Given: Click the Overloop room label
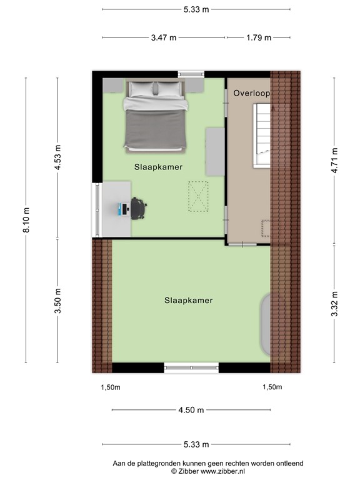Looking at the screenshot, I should tap(251, 93).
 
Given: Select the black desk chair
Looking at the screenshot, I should tap(138, 208).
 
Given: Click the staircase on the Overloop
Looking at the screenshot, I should tap(262, 135).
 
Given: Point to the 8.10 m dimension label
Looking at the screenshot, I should tap(27, 220).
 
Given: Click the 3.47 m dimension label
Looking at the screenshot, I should tap(164, 37).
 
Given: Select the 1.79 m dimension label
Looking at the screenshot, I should tap(258, 37).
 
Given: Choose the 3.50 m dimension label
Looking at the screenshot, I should tap(58, 300).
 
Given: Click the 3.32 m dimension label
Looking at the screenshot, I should tap(335, 304).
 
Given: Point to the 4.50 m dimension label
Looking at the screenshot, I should tap(191, 410).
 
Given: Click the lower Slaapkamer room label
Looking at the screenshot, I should tap(188, 301).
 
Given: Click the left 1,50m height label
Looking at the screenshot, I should tap(110, 387).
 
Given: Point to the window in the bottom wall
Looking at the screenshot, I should tap(191, 367).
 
